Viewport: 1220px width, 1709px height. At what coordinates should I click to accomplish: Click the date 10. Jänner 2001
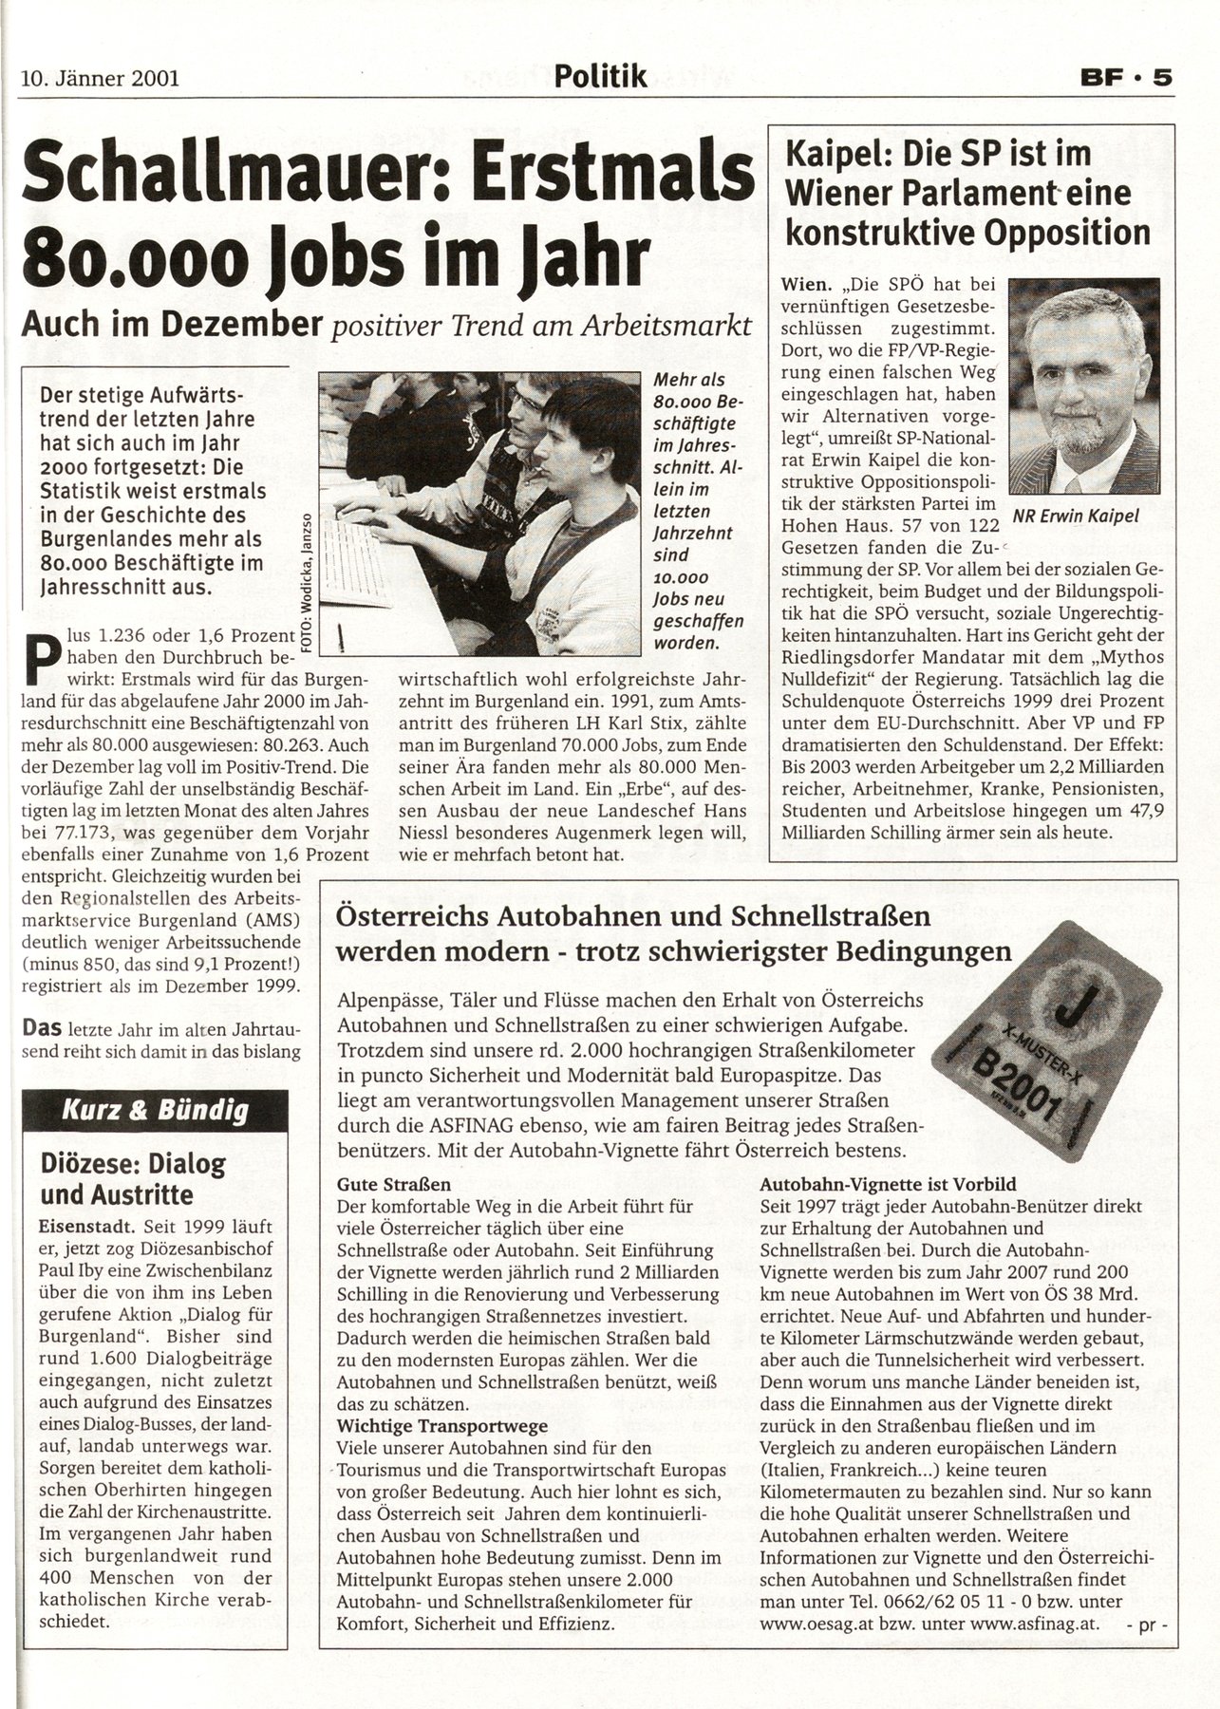click(x=100, y=78)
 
